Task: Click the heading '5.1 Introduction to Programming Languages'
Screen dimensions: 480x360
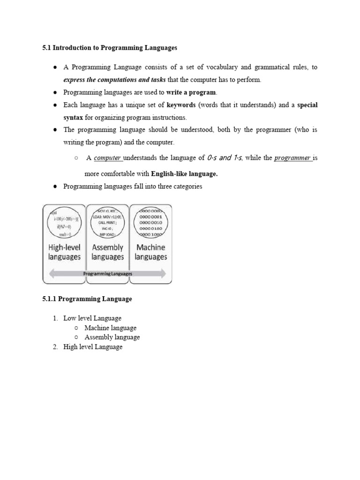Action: (x=110, y=48)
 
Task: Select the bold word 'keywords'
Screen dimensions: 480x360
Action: (x=181, y=105)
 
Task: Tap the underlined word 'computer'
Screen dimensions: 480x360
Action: (x=107, y=158)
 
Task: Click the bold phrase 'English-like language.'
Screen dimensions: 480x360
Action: (x=184, y=174)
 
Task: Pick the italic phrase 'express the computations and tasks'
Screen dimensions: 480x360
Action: (x=114, y=80)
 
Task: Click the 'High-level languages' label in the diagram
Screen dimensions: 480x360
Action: (x=64, y=252)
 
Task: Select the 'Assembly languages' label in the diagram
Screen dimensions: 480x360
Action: (x=107, y=252)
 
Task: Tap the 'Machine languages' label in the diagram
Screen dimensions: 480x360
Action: (x=150, y=252)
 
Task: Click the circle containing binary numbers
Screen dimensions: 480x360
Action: (x=150, y=223)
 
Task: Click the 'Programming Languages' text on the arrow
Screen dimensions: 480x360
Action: (x=107, y=274)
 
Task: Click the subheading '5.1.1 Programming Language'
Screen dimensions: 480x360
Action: (x=87, y=299)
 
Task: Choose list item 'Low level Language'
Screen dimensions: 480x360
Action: (x=92, y=318)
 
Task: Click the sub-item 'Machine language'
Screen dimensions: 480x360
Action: (x=111, y=328)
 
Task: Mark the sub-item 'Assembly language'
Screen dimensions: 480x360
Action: (x=112, y=337)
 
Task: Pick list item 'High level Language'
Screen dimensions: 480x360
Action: (x=93, y=347)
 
